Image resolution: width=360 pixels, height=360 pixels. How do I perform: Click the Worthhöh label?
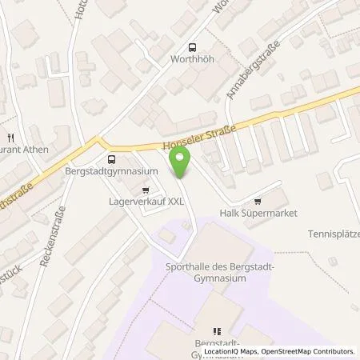click(191, 60)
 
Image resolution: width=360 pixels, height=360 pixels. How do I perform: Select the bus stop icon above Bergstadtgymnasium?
click(110, 159)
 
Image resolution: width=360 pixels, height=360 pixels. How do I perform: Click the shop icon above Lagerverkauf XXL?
click(145, 190)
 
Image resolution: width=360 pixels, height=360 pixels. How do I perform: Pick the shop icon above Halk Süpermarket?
click(257, 202)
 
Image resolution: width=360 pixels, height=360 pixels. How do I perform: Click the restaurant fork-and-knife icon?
click(12, 137)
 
